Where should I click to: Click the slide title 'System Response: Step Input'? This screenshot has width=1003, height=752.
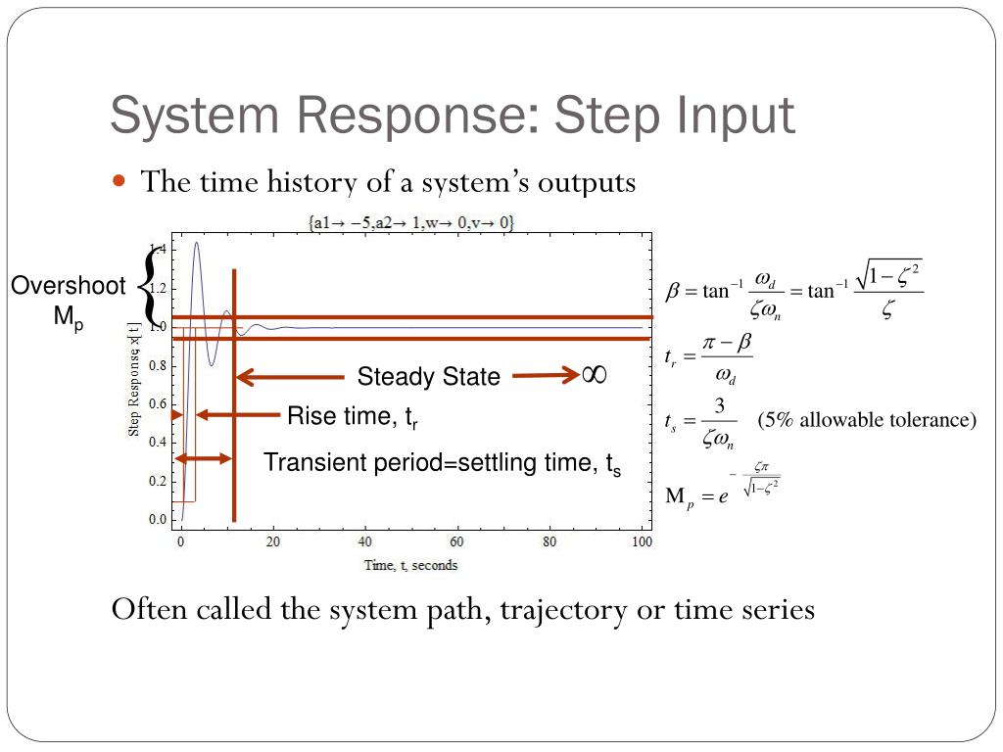click(x=452, y=116)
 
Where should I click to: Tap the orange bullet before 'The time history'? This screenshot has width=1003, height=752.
click(x=120, y=181)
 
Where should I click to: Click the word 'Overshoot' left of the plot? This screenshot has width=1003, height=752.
click(x=68, y=286)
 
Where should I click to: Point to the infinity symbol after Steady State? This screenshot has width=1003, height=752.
click(x=594, y=374)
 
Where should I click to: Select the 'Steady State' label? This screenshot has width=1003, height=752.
click(x=428, y=377)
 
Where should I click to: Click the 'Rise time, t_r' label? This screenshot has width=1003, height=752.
click(x=353, y=417)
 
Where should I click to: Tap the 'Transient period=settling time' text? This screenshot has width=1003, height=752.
click(x=442, y=463)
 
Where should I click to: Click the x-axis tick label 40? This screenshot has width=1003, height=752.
click(x=365, y=541)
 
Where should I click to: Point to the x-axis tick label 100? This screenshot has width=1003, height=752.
click(x=642, y=541)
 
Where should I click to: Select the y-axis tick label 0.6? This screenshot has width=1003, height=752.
click(x=158, y=403)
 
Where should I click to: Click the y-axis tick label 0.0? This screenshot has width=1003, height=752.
click(x=158, y=519)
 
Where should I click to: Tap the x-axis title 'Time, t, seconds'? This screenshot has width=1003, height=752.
click(x=410, y=565)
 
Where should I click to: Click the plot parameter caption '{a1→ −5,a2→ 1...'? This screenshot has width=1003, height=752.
click(x=411, y=223)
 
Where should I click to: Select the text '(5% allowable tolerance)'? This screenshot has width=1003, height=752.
click(x=867, y=420)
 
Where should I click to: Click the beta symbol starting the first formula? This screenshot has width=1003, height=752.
click(x=673, y=291)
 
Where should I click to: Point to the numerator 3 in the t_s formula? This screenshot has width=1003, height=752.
click(x=719, y=405)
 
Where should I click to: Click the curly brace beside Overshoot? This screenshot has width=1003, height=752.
click(x=148, y=285)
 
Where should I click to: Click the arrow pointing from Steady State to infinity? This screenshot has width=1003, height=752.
click(x=545, y=374)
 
